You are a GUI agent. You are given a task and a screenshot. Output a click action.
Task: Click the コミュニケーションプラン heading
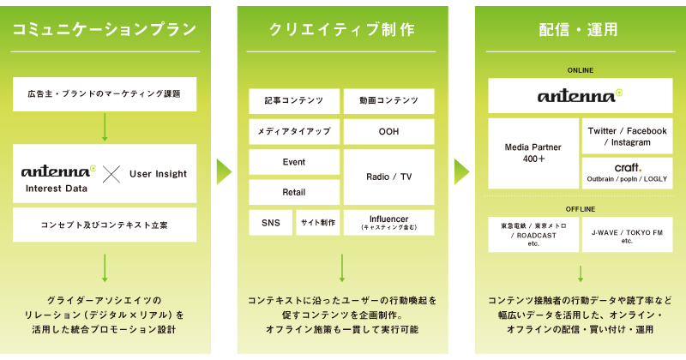105,29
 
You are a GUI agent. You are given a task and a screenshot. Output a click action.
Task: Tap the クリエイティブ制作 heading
341,29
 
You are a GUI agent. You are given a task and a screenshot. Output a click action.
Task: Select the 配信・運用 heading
578,29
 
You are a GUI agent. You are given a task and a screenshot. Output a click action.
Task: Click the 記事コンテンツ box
294,101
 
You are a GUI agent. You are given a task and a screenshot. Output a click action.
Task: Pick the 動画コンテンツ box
389,101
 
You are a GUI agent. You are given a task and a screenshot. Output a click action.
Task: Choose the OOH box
389,132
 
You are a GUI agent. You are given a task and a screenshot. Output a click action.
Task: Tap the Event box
294,162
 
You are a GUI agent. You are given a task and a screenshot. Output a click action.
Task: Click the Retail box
294,192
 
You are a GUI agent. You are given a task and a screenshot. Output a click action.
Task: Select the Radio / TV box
389,177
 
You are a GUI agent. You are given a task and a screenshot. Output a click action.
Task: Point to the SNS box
271,223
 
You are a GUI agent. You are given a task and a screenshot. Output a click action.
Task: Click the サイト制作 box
318,223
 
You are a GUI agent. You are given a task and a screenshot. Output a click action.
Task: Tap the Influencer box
389,223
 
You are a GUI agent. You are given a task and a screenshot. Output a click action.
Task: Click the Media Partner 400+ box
533,153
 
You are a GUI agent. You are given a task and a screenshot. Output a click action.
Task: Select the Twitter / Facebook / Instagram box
628,136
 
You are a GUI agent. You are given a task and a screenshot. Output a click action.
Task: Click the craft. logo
628,167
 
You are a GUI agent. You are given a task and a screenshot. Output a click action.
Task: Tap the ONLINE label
581,70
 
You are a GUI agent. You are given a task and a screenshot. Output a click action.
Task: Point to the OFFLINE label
581,209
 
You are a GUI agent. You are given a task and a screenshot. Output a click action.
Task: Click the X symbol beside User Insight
111,174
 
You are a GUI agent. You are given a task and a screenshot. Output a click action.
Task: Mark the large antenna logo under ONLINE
581,95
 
